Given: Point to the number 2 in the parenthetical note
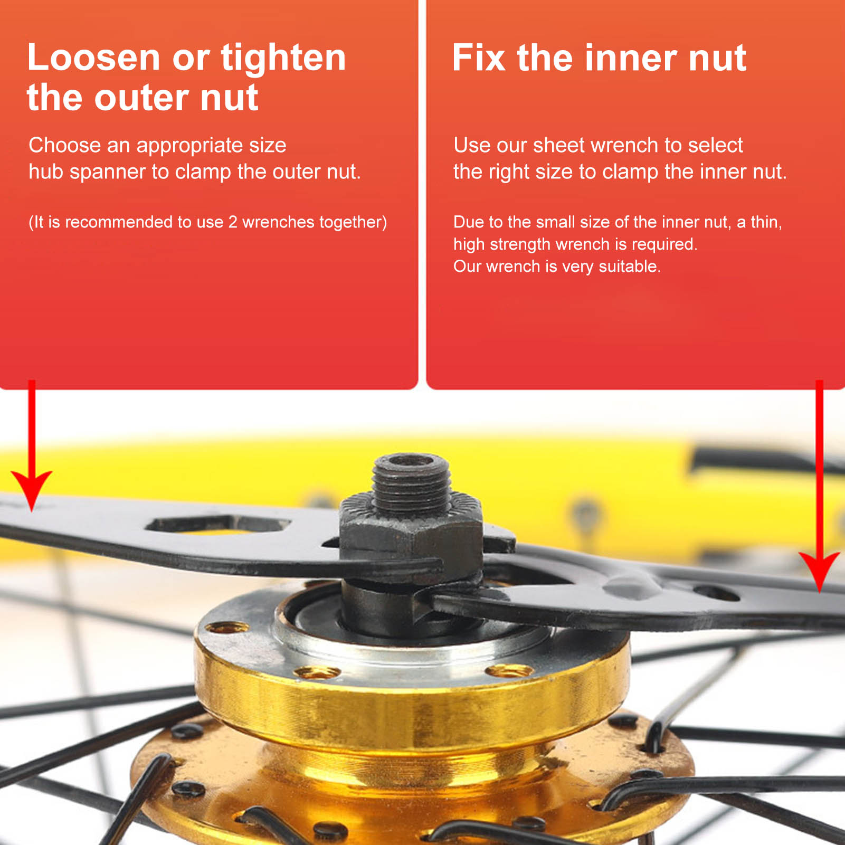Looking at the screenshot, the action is click(x=233, y=222).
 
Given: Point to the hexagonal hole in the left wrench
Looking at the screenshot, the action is click(x=217, y=525).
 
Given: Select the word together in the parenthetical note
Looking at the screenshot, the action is click(x=353, y=223).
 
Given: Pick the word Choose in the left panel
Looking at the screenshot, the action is click(x=64, y=145).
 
